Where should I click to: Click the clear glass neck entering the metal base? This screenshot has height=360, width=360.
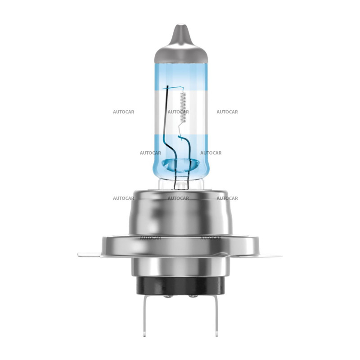click(180, 183)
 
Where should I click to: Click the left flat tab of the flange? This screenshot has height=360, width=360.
click(88, 255)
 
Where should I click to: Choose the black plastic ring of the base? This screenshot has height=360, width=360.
click(180, 285)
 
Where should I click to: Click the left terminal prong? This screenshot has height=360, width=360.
click(147, 315)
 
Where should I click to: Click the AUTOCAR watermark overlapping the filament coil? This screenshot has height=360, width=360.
click(178, 112)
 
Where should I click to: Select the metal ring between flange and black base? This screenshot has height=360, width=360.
click(180, 267)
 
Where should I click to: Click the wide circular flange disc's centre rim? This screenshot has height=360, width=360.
click(180, 245)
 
